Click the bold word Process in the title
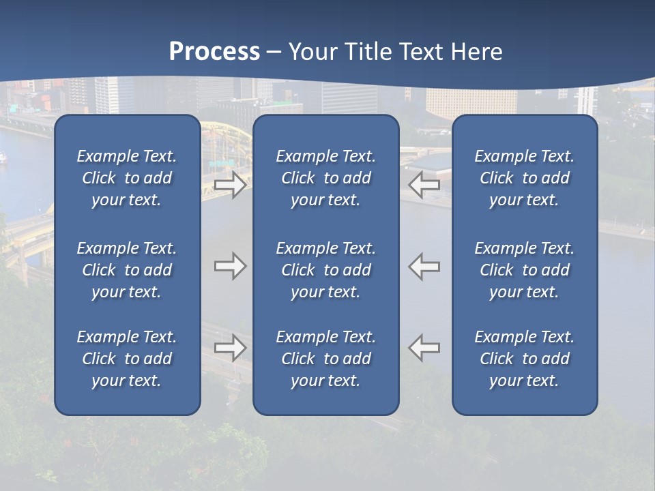point(214,52)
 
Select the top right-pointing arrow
point(231,184)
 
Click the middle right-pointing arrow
point(231,266)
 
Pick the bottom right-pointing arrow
point(231,348)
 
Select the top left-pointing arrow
point(424,184)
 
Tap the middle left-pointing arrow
point(424,266)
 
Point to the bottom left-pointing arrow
point(424,348)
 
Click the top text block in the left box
point(127,178)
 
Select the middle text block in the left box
point(127,270)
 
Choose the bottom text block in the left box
point(127,359)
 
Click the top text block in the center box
point(325,178)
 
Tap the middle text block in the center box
point(325,270)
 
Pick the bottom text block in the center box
point(325,359)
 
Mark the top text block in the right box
point(524,178)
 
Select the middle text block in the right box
point(524,270)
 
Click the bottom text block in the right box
point(524,359)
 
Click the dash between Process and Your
point(274,53)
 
